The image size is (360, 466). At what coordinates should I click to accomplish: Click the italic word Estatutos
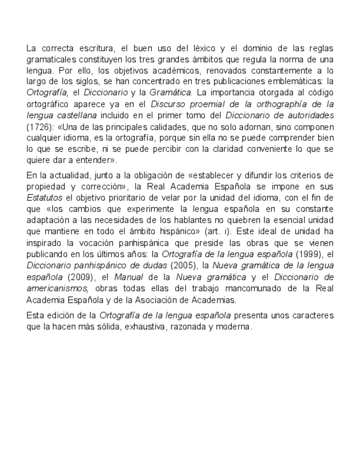tap(45, 198)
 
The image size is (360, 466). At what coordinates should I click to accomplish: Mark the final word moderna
tap(237, 326)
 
